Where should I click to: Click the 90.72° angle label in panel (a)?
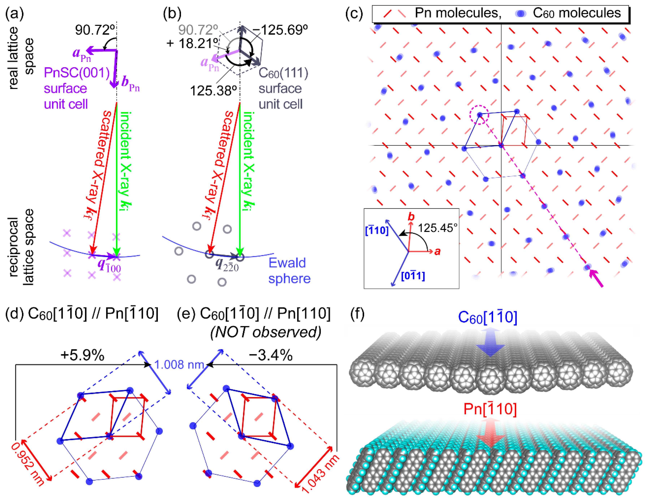94,30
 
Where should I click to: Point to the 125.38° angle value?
213,91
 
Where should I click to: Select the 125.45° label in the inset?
437,228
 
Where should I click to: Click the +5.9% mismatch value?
82,355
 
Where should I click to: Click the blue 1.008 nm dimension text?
179,365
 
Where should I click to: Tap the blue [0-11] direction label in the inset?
413,276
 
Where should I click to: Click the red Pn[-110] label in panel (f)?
490,409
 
